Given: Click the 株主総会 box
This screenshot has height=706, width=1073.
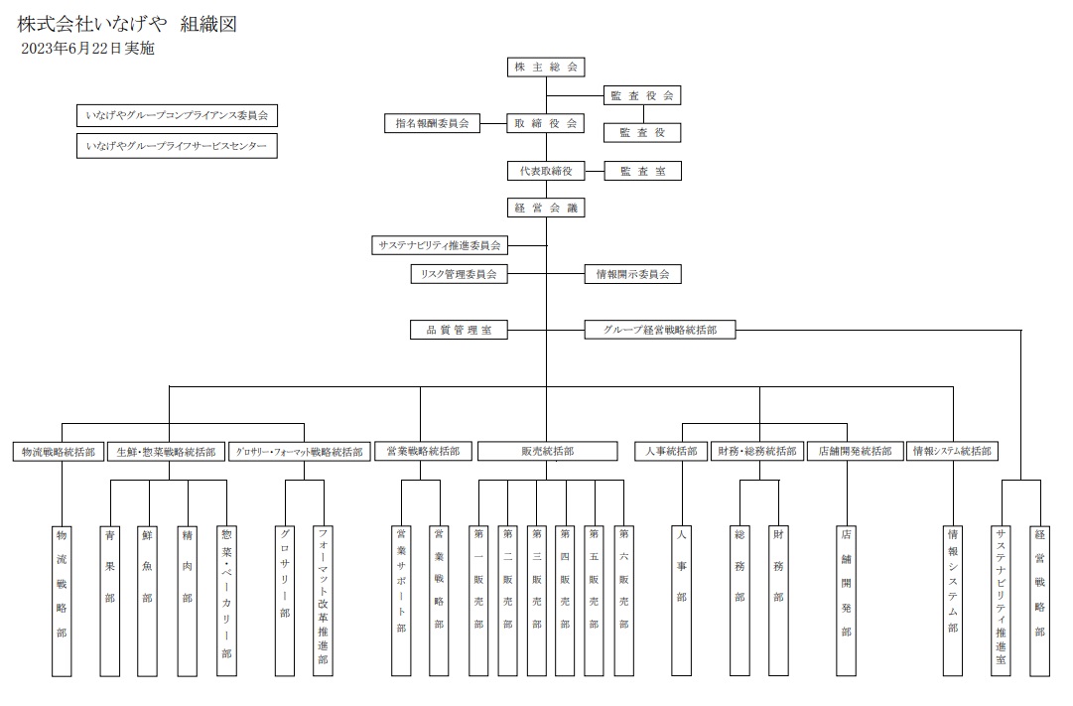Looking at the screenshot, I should click(545, 68).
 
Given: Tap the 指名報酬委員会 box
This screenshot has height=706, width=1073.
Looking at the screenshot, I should click(432, 124).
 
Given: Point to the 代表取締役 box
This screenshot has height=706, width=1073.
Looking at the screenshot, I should click(545, 171).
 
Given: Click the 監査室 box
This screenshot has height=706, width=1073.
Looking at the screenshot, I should click(642, 171).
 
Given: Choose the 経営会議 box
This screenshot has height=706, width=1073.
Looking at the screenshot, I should click(545, 209).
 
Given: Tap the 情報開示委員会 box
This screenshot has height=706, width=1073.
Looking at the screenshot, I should click(632, 273).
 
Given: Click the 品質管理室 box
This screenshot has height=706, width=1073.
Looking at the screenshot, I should click(459, 330).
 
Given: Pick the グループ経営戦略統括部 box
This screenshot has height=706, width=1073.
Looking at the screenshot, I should click(660, 330).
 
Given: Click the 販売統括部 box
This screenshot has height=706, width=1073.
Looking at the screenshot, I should click(547, 451).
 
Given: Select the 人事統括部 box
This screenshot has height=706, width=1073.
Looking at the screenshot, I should click(672, 451).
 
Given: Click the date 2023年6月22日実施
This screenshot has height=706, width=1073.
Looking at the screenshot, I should click(87, 48).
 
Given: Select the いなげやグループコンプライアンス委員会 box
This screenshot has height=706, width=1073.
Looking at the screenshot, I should click(177, 116).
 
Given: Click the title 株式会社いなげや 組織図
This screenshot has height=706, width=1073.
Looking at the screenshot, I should click(127, 23).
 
